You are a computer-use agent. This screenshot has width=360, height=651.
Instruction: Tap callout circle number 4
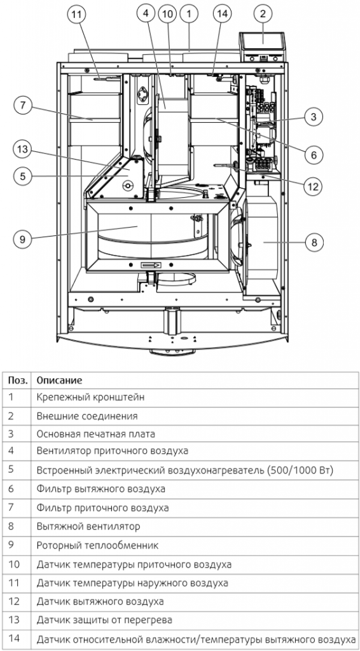coord(148,13)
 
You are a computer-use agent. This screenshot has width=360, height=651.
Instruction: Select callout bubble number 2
coord(263,13)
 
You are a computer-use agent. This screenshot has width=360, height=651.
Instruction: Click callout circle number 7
coord(23,106)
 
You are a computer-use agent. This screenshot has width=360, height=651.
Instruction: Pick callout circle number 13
coord(23,149)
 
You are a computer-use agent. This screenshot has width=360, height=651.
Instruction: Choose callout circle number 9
coord(23,239)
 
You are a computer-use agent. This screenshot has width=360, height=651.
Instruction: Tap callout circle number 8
coord(314,242)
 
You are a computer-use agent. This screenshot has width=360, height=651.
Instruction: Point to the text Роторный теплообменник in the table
coord(97,545)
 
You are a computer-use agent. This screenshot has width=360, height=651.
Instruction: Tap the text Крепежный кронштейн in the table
coord(90,397)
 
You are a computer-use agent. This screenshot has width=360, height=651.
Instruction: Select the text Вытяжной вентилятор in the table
coord(88,527)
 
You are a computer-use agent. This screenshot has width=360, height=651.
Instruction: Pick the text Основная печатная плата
coord(95,434)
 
